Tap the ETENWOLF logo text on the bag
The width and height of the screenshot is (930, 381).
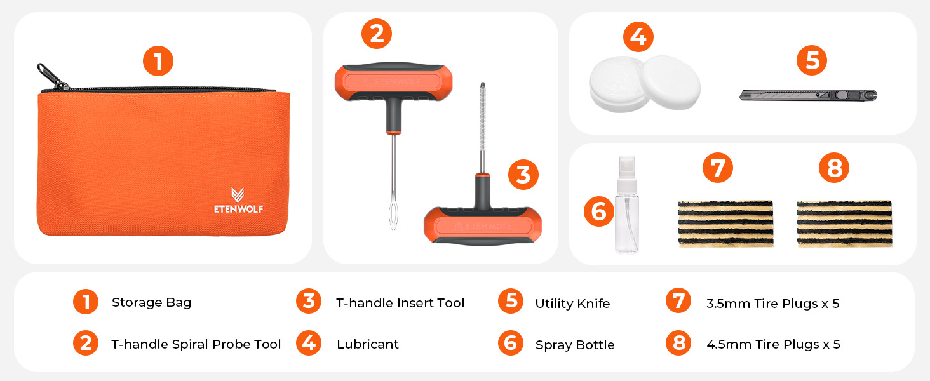(238, 209)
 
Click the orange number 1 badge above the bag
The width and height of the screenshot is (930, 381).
(158, 61)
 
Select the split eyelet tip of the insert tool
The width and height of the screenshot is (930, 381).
(393, 215)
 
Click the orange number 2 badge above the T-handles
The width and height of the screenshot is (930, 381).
(377, 34)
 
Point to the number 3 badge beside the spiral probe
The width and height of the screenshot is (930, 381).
(523, 175)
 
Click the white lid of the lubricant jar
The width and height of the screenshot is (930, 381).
(670, 82)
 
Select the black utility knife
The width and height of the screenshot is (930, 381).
(808, 95)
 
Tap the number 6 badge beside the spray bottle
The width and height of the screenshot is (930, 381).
(598, 211)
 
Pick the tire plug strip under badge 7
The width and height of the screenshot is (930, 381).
(725, 224)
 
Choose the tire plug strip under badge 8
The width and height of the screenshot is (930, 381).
(844, 224)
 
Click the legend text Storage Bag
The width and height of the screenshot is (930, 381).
(152, 302)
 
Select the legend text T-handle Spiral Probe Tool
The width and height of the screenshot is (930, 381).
(196, 344)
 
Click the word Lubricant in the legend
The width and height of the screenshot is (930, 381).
(367, 344)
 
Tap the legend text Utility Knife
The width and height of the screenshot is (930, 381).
(572, 304)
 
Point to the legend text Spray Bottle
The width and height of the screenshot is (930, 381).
(575, 345)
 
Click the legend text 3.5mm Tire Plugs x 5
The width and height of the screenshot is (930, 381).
(773, 304)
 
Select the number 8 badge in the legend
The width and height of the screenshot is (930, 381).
(679, 343)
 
